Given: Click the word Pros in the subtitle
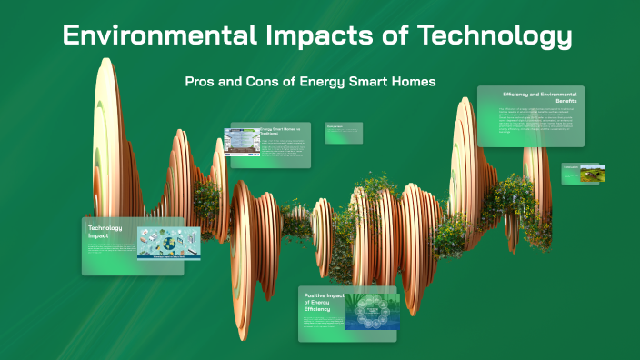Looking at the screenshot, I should click(202, 82).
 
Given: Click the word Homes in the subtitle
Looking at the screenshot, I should click(410, 82).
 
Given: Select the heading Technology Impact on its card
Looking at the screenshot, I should click(105, 231).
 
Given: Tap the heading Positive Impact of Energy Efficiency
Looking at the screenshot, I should click(323, 302).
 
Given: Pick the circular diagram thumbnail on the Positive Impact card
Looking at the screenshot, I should click(371, 313).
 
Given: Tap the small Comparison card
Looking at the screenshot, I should click(344, 133).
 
